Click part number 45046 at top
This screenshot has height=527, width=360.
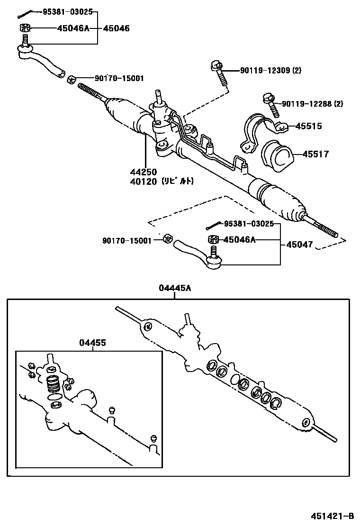click(116, 28)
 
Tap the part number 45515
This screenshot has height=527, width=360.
click(308, 126)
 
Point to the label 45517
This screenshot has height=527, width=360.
click(315, 154)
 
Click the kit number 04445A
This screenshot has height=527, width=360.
click(175, 288)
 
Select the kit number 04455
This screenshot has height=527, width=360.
click(92, 343)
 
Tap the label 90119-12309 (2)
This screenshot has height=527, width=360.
click(270, 71)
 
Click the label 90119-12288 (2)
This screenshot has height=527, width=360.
click(312, 104)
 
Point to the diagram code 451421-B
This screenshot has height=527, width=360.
click(332, 516)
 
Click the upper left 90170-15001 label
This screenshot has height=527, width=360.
click(119, 79)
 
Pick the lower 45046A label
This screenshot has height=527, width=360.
click(239, 240)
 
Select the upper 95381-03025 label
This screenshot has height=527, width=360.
click(67, 11)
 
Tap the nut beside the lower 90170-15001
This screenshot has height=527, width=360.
click(167, 239)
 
